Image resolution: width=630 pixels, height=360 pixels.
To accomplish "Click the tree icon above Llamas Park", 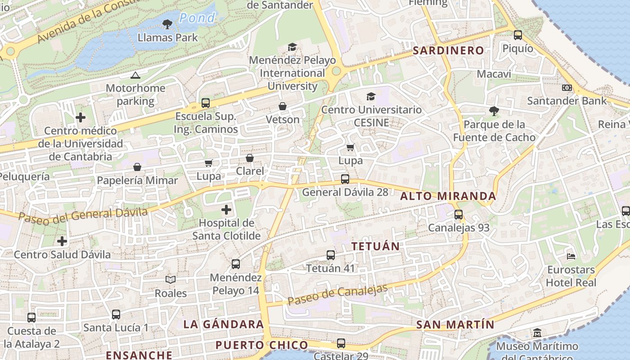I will pyautogui.click(x=167, y=24).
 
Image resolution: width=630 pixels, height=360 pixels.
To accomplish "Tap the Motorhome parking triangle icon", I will pyautogui.click(x=135, y=75).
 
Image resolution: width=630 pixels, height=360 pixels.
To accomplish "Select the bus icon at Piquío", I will pyautogui.click(x=518, y=35).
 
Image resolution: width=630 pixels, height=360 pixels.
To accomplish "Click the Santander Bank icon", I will pyautogui.click(x=567, y=88).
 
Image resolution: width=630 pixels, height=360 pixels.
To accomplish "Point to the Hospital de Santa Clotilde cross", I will pyautogui.click(x=226, y=210).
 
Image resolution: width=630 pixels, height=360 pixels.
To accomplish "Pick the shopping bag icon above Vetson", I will pyautogui.click(x=283, y=107).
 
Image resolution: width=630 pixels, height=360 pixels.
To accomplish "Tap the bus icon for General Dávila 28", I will pyautogui.click(x=345, y=179).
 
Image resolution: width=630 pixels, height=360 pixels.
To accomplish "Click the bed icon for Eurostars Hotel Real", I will pyautogui.click(x=571, y=256).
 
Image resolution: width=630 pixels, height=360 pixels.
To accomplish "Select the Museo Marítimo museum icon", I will pyautogui.click(x=537, y=333).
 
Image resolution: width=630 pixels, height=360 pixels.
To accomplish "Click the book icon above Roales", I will pyautogui.click(x=171, y=280).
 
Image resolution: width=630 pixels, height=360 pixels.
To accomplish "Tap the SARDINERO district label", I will pyautogui.click(x=448, y=50).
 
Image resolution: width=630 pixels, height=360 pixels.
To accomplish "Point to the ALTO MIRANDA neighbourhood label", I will pyautogui.click(x=448, y=196).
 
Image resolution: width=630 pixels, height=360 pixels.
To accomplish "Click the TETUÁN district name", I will pyautogui.click(x=376, y=246).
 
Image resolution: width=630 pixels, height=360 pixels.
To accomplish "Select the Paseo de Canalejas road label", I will pyautogui.click(x=337, y=294).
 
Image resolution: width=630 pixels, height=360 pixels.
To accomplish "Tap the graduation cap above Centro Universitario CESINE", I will pyautogui.click(x=371, y=96).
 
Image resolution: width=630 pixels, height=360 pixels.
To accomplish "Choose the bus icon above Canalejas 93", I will pyautogui.click(x=459, y=215).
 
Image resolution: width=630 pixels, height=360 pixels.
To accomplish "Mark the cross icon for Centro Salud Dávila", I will pyautogui.click(x=62, y=241).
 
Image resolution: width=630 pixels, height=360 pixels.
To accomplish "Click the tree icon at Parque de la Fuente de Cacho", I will pyautogui.click(x=494, y=111).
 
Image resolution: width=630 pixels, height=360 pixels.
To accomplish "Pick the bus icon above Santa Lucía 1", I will pyautogui.click(x=116, y=315).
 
